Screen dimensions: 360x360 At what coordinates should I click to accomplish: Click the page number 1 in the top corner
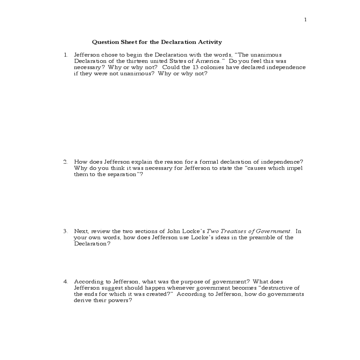pyautogui.click(x=305, y=20)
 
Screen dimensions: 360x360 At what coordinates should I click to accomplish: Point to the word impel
pyautogui.click(x=295, y=168)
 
